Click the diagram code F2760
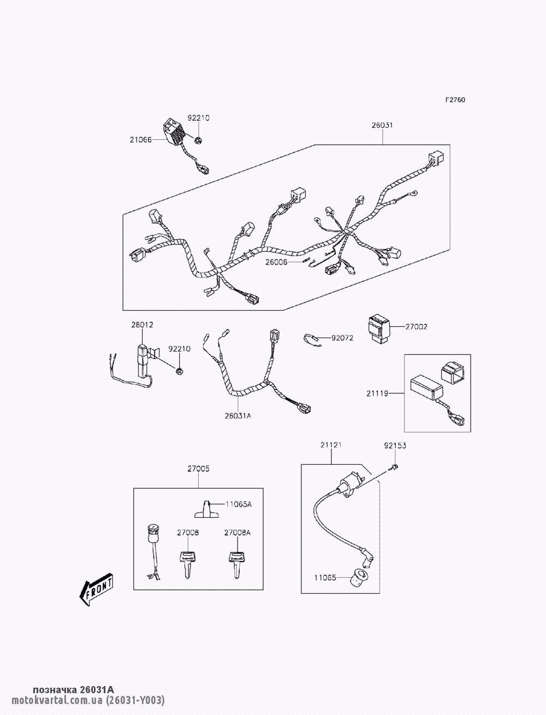455,100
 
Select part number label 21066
140,140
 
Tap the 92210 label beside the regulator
199,117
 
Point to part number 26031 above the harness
382,125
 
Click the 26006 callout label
276,262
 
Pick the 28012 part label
142,324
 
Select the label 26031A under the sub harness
238,416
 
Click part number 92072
342,338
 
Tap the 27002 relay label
416,327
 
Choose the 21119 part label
377,392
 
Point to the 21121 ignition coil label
331,445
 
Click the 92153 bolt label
395,445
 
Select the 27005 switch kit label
198,468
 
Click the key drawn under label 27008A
236,563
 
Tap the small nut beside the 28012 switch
179,371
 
